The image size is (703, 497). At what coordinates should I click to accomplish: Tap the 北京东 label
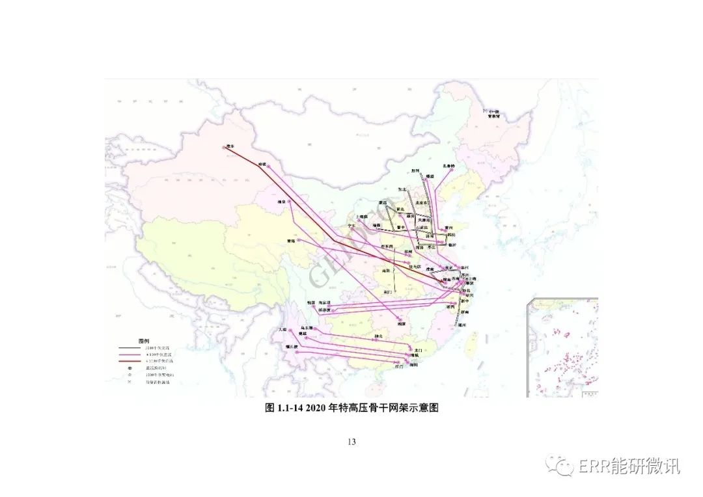tap(422, 202)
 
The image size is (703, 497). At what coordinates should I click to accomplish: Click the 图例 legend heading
tap(144, 340)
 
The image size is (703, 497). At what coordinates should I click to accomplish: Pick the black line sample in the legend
tap(128, 349)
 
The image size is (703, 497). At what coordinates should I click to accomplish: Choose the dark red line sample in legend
tap(128, 360)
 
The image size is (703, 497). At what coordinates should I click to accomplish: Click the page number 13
tap(351, 442)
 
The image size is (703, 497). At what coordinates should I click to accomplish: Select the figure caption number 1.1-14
tap(291, 408)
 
